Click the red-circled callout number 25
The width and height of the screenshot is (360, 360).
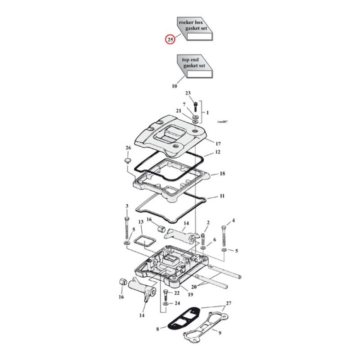[170, 40]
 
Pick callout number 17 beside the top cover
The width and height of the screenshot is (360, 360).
[218, 144]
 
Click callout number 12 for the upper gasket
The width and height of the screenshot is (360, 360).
[217, 152]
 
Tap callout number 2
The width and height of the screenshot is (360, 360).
[208, 223]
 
